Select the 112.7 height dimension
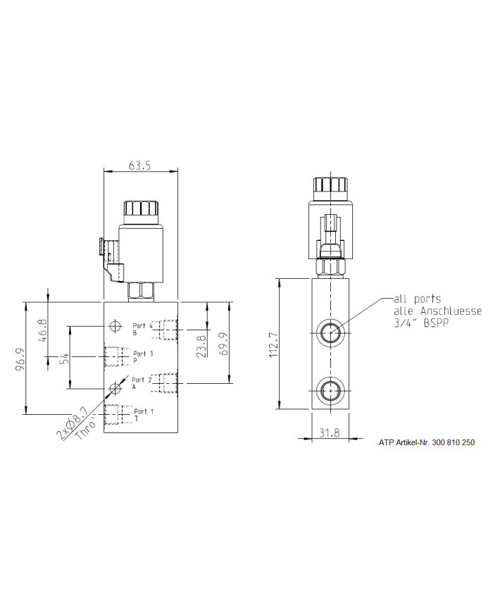274,345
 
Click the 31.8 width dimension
329,433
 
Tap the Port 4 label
142,326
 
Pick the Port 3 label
143,354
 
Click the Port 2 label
142,380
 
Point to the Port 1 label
144,411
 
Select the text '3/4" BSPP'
420,323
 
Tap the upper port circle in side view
329,332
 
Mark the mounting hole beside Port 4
116,327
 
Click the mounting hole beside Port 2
116,388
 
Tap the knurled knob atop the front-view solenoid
140,209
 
